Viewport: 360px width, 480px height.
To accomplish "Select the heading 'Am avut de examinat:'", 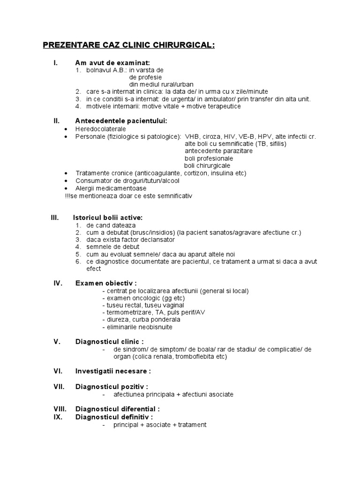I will [112, 63].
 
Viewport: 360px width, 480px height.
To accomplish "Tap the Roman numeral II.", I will [57, 120].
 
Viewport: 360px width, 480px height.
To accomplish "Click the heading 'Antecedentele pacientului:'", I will [121, 121].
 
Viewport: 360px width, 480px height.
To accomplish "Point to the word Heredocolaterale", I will [100, 128].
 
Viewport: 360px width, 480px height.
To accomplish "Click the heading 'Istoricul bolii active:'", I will [108, 217].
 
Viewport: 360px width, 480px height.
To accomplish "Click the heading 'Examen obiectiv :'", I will [106, 283].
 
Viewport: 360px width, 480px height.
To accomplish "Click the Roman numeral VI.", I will [58, 371].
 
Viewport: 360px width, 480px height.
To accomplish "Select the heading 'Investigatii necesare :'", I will [113, 371].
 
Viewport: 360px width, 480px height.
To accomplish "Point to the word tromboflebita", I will [196, 357].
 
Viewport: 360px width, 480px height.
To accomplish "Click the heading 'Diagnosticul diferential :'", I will [118, 409].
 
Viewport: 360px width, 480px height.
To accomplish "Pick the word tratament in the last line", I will [191, 425].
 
